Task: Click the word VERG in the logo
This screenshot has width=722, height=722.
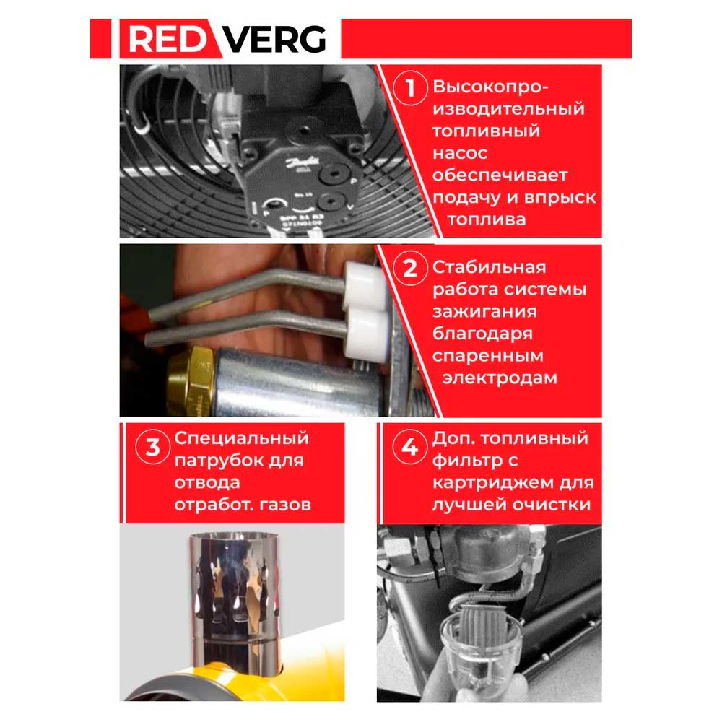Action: tap(274, 39)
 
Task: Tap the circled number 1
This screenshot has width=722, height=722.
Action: tap(411, 90)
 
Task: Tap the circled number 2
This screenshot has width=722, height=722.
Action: tap(410, 269)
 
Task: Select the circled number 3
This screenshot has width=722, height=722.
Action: tap(152, 447)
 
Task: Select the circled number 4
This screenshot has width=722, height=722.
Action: tap(409, 447)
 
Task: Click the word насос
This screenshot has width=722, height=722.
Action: tap(460, 154)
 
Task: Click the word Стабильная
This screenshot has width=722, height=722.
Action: tap(488, 268)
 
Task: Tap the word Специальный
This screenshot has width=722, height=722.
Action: tap(241, 438)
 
